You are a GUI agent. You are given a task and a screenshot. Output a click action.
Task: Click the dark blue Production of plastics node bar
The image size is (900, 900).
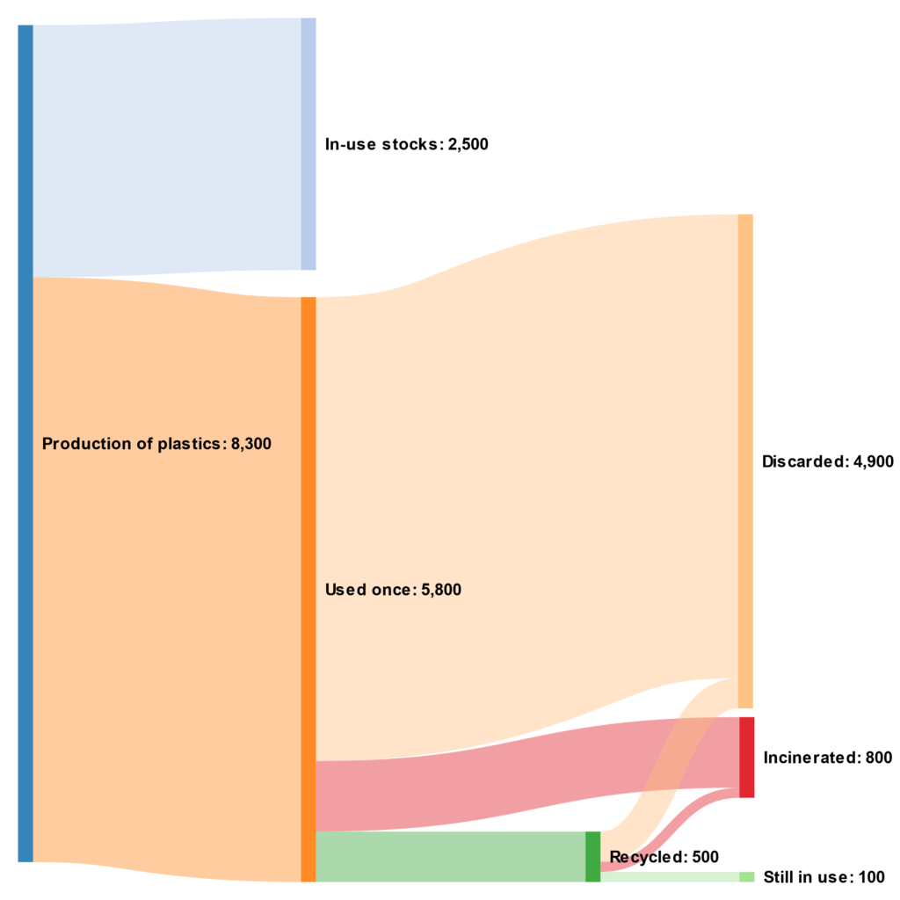click(x=25, y=443)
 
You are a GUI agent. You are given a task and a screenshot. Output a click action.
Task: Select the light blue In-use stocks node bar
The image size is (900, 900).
click(x=308, y=143)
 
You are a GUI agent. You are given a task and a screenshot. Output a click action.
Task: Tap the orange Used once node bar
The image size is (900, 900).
click(x=308, y=589)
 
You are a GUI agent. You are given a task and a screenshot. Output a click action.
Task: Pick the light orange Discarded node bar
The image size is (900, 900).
click(x=744, y=461)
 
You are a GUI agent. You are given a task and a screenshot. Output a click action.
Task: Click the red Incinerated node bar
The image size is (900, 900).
click(x=746, y=757)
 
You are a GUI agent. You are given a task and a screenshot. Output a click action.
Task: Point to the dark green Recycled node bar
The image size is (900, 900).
click(x=592, y=856)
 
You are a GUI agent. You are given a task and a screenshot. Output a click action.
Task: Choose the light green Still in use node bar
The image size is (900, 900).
click(x=746, y=876)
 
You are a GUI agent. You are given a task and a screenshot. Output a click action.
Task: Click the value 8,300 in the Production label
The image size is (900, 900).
click(x=250, y=444)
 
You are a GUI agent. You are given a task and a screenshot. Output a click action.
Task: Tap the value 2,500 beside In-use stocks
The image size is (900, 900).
click(x=465, y=144)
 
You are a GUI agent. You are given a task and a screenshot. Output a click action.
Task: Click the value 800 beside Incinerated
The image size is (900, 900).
click(x=878, y=758)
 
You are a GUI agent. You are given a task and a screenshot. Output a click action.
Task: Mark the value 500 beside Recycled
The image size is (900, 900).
click(x=705, y=857)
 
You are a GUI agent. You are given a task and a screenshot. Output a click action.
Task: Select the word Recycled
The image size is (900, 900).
click(x=646, y=857)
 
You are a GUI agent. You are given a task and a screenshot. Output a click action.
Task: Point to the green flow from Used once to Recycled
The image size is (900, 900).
click(x=448, y=856)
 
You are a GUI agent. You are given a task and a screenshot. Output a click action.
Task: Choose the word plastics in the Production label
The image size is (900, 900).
click(x=193, y=444)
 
